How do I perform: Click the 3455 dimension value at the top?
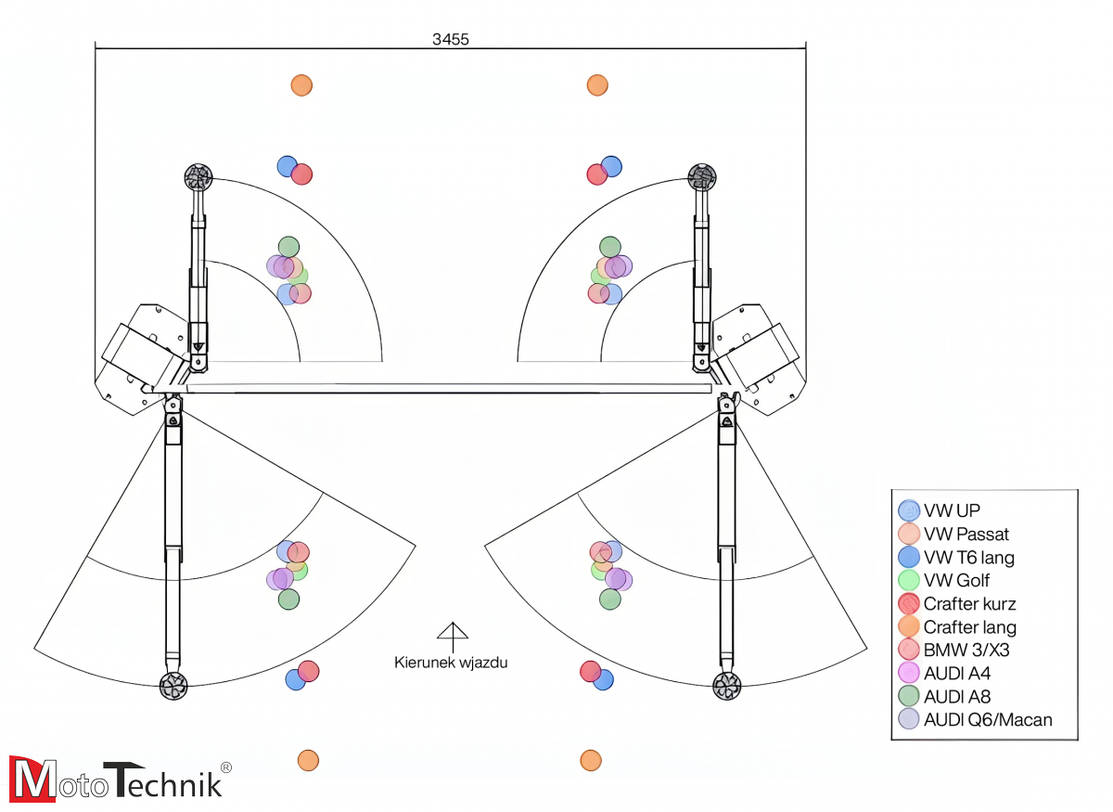click(450, 39)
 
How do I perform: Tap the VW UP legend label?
click(952, 510)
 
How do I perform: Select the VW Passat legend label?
click(966, 534)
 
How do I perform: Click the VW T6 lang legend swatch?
click(909, 557)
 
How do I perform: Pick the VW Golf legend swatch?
click(909, 580)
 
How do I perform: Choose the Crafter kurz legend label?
click(969, 603)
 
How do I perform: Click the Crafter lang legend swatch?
click(909, 626)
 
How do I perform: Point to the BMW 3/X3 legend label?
click(966, 650)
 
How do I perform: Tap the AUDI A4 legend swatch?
click(909, 673)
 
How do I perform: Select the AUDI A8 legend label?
click(956, 696)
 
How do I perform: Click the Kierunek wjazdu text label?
click(451, 663)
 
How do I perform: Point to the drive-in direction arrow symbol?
click(452, 636)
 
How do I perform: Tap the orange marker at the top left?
click(301, 85)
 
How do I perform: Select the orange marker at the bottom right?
click(591, 761)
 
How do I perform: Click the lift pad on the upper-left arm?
click(198, 174)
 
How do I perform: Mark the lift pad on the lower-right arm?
click(726, 687)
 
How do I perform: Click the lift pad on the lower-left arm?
click(173, 687)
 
